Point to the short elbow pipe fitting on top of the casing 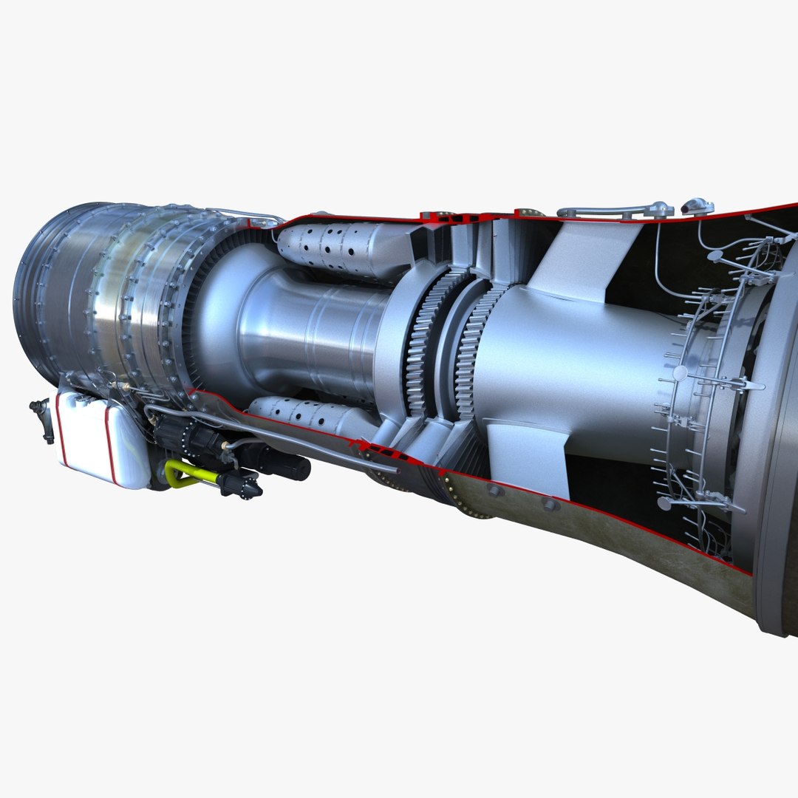coord(697,206)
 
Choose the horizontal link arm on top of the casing coord(613,211)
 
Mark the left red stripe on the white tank coord(62,432)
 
